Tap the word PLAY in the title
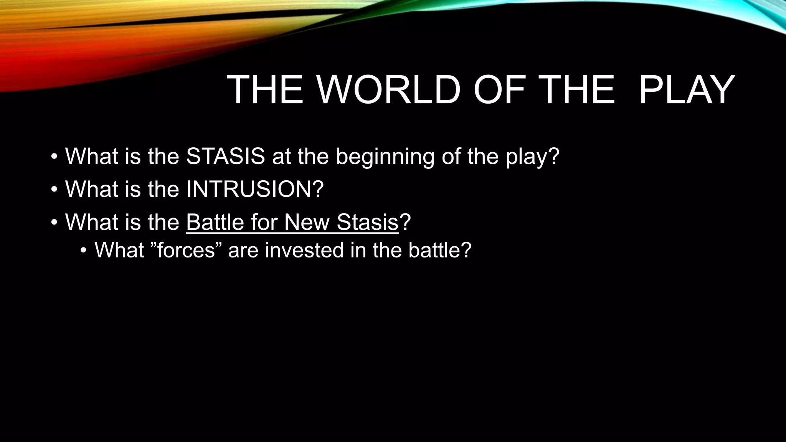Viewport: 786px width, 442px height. [x=687, y=90]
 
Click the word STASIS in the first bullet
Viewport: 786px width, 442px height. [x=225, y=156]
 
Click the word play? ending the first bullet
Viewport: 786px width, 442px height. [x=533, y=157]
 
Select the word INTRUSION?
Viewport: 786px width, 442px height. [x=255, y=189]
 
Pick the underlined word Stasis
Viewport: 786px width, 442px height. [x=368, y=222]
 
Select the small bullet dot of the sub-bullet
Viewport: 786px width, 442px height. [x=84, y=251]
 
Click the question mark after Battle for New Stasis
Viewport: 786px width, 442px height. [x=405, y=222]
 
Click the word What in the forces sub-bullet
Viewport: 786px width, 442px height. [x=119, y=251]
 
